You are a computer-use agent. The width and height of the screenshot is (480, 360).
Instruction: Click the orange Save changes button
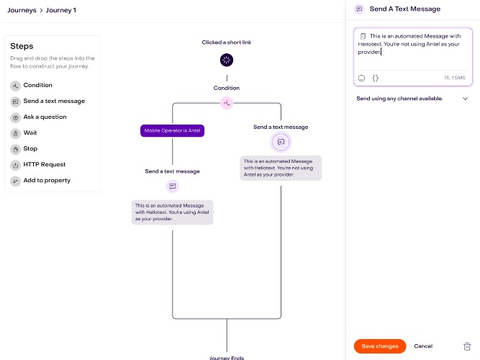coord(379,346)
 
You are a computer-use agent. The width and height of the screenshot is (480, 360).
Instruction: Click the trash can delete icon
coord(467,346)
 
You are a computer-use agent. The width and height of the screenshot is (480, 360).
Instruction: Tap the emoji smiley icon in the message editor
coord(361,78)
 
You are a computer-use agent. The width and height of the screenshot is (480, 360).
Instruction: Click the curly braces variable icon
coord(376,78)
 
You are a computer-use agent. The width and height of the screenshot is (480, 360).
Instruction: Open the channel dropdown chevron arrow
coord(465,99)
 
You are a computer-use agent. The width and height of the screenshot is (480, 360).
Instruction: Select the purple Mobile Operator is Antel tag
coord(172,130)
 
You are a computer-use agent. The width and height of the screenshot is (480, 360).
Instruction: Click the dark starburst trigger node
coord(227,60)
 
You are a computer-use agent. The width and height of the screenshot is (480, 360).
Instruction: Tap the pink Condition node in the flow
coord(227,103)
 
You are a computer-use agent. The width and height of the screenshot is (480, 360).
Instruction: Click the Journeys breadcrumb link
coord(22,10)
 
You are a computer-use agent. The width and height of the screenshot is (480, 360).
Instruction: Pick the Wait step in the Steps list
coord(30,132)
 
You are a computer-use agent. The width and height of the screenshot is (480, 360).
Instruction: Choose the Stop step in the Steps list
coord(30,148)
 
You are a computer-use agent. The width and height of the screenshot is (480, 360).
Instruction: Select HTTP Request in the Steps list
coord(45,165)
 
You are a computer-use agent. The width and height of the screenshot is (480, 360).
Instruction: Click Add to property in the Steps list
coord(47,181)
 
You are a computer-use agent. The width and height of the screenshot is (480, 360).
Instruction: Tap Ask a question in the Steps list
coord(45,117)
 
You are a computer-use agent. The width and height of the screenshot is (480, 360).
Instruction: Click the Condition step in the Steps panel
coord(37,85)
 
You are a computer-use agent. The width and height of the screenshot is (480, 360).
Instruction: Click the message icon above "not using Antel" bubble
coord(281,142)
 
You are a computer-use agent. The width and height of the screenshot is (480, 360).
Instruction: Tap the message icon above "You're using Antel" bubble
coord(172,186)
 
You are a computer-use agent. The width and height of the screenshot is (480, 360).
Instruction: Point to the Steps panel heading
coord(22,46)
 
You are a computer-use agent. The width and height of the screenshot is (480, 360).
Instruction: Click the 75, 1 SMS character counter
coord(455,78)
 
